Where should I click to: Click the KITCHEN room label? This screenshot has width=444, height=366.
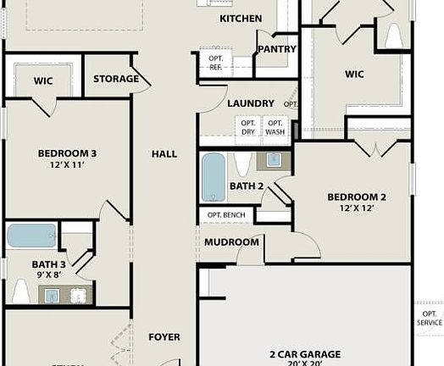click(x=241, y=19)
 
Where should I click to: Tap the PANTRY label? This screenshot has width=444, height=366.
click(x=277, y=49)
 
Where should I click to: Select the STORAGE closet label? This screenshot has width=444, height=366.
click(x=116, y=79)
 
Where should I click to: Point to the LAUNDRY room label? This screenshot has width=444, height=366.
click(x=251, y=103)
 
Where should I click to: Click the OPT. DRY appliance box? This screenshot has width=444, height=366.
click(x=248, y=127)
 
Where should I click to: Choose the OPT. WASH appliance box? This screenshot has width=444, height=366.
click(x=275, y=127)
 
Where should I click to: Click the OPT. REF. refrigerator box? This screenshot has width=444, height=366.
click(x=215, y=62)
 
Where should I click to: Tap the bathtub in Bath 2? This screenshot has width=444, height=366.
click(x=214, y=177)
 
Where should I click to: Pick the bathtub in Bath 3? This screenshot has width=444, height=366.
click(x=31, y=235)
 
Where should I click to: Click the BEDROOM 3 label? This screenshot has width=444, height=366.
click(x=67, y=153)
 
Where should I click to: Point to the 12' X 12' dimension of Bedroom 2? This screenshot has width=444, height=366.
click(x=357, y=208)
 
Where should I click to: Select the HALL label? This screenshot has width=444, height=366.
click(x=164, y=154)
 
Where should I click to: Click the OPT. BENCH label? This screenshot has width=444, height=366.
click(x=226, y=215)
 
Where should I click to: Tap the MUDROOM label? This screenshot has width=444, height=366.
click(x=231, y=242)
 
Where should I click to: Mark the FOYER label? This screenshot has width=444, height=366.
click(x=164, y=337)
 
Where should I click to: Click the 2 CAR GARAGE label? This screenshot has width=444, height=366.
click(x=306, y=354)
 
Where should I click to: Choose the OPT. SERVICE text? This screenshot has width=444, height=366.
click(x=430, y=318)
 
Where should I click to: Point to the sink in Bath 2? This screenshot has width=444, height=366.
click(x=274, y=159)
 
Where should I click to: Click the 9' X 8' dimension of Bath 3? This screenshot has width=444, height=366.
click(x=49, y=274)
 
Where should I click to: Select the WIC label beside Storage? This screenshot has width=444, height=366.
click(x=43, y=80)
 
